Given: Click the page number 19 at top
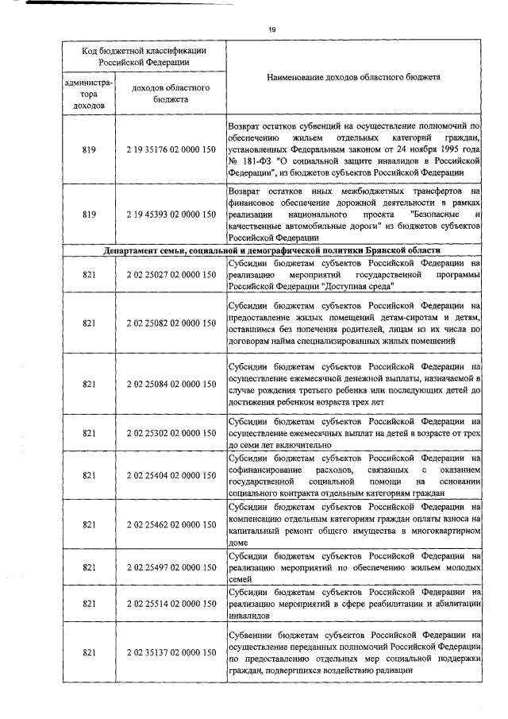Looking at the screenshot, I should (271, 30).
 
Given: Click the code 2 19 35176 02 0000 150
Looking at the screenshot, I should (171, 149).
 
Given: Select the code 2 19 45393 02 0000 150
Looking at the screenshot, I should (171, 215).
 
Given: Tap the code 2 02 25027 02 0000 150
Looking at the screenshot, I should (171, 275).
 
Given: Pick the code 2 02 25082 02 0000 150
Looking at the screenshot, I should (171, 323).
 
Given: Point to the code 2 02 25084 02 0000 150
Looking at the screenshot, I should (171, 384).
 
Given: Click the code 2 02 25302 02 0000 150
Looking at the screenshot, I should (171, 433).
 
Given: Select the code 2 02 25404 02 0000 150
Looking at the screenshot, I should (171, 475).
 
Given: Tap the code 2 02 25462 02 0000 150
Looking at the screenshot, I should (171, 524).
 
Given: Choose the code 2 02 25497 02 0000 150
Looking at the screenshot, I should (171, 567).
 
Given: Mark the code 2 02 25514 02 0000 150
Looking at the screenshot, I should (171, 605).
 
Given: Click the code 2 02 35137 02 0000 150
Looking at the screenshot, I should (171, 652).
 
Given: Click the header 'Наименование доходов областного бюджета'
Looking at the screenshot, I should (353, 77).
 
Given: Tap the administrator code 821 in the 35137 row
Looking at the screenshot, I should (89, 652).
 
